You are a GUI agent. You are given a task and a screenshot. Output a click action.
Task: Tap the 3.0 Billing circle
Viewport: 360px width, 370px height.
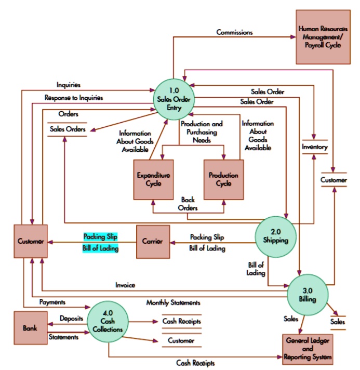(307, 295)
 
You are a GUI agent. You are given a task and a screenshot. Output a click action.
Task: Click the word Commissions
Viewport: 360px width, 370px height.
(234, 32)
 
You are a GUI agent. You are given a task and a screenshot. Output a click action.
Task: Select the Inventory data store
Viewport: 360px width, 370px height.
(315, 147)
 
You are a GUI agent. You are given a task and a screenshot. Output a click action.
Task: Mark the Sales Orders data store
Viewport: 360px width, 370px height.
(67, 129)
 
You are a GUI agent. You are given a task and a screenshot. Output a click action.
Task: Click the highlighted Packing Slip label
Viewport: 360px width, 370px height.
(100, 236)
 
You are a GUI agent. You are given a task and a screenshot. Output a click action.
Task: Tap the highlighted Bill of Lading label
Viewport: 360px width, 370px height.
(100, 248)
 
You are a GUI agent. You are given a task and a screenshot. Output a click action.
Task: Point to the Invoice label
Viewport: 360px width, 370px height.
(125, 285)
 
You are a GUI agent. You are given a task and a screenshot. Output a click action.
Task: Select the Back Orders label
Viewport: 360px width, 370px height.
(188, 204)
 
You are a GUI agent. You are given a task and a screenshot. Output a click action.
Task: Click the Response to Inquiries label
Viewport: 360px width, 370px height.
(73, 97)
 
